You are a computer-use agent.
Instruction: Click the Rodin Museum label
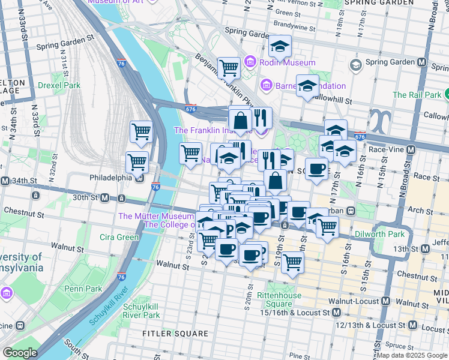click(288, 62)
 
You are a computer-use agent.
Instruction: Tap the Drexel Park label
click(59, 85)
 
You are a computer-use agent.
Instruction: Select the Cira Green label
click(119, 237)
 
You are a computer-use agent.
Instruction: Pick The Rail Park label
click(417, 95)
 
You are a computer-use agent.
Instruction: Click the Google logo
click(20, 353)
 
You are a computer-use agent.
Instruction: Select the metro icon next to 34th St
click(5, 181)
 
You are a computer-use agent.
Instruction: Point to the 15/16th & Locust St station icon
click(336, 313)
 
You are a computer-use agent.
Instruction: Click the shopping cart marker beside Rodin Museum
click(229, 68)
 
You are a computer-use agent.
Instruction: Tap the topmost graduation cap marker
click(280, 45)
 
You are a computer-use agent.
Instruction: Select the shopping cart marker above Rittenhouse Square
click(292, 261)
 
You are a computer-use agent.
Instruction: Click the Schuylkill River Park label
click(141, 310)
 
